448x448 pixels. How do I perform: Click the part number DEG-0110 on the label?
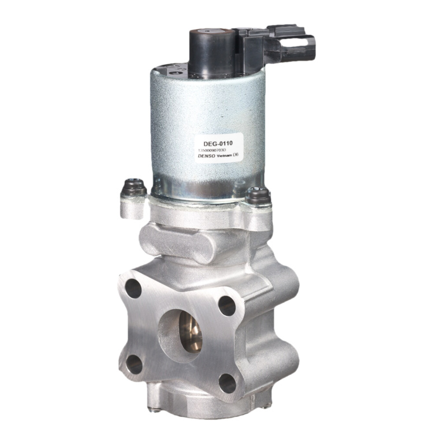[x=222, y=143]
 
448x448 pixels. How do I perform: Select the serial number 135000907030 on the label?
[x=213, y=151]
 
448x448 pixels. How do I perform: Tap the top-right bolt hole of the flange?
[x=226, y=306]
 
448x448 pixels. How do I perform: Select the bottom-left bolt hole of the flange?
[x=134, y=365]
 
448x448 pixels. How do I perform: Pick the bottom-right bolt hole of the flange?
[x=227, y=384]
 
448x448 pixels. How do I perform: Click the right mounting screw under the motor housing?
[x=258, y=195]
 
